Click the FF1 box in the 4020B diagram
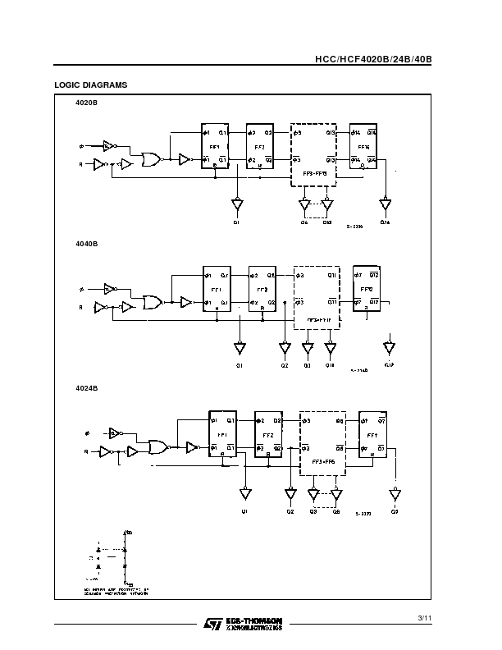click(215, 146)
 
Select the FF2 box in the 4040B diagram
click(262, 289)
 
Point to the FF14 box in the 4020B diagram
click(364, 146)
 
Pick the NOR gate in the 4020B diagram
click(151, 159)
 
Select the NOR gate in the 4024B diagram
click(156, 447)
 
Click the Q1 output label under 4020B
click(237, 222)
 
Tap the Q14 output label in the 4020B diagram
click(385, 222)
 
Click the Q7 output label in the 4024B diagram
click(395, 510)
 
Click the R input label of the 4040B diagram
click(80, 307)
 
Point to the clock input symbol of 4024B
click(88, 433)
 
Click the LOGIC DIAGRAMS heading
click(90, 85)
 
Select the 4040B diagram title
click(88, 244)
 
